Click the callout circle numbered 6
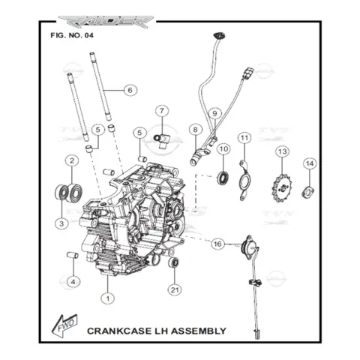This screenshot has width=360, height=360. [130, 90]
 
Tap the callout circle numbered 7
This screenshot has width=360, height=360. [162, 111]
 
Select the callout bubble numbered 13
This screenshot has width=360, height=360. [282, 151]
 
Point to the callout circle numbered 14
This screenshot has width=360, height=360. [310, 163]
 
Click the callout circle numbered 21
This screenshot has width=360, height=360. [175, 290]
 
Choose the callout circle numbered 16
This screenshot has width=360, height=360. [217, 244]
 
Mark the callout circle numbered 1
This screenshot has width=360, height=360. [108, 298]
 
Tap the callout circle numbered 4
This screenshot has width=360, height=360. [73, 282]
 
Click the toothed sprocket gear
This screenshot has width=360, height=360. [282, 187]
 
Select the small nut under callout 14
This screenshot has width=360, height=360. [308, 192]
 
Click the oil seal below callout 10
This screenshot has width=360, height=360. [223, 178]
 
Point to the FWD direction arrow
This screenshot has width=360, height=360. [65, 326]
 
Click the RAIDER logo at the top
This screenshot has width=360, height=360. [106, 22]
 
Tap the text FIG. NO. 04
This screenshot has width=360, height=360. [72, 35]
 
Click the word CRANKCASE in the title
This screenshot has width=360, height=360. [119, 331]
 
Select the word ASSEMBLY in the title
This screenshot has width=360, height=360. [199, 331]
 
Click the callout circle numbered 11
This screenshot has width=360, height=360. [244, 138]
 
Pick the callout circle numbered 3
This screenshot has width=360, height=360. [61, 223]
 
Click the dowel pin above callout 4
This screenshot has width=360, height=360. [73, 255]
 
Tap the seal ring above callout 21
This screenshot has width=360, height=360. [174, 262]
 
